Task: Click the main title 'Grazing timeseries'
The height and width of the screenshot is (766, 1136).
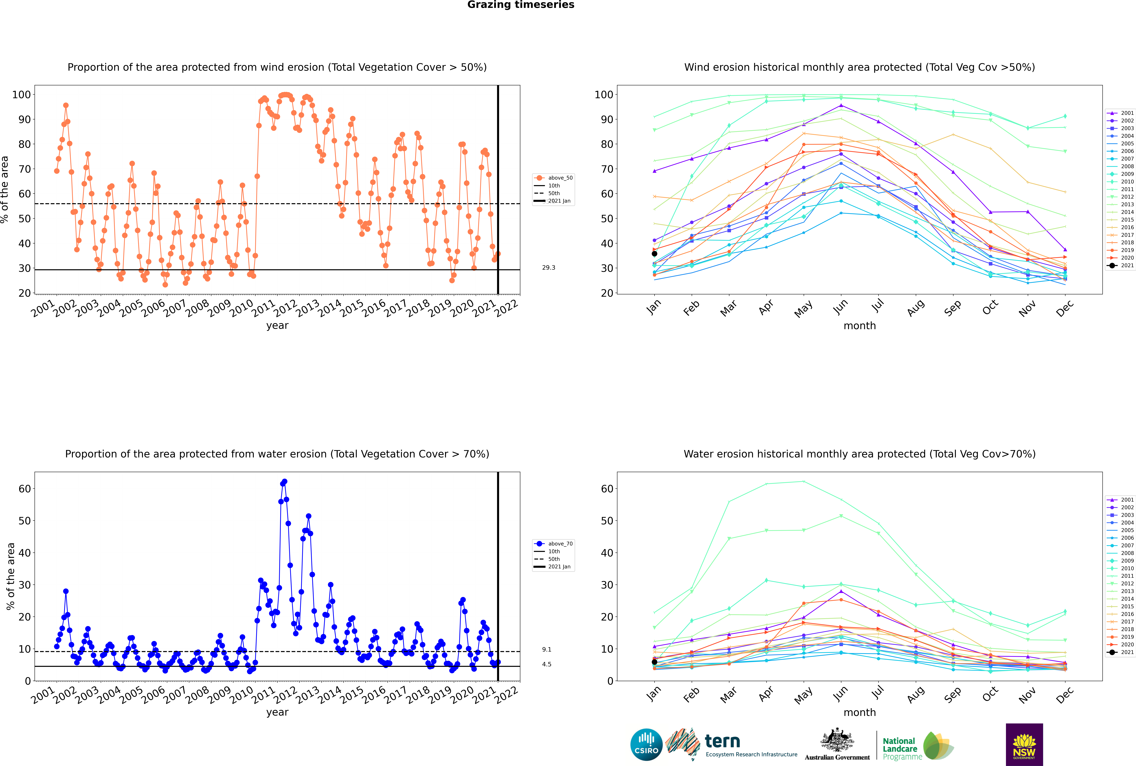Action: coord(521,5)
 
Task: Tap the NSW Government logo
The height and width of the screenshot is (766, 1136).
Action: coord(1024,745)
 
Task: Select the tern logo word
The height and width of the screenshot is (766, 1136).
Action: coord(722,742)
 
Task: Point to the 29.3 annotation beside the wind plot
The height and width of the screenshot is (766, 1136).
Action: coord(548,268)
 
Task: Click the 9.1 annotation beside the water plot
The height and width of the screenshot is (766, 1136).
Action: coord(546,650)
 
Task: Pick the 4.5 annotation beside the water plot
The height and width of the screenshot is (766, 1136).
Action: coord(546,664)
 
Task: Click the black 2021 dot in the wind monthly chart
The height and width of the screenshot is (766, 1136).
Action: coord(654,254)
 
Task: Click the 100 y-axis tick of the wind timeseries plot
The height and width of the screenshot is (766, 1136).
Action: coord(21,95)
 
